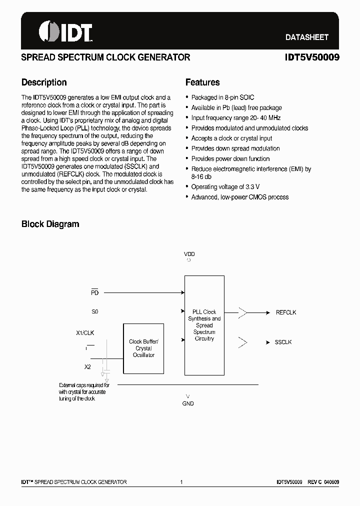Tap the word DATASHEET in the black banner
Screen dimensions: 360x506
306,37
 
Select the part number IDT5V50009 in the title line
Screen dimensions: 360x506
312,57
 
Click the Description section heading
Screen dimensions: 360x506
44,82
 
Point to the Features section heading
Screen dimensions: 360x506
202,82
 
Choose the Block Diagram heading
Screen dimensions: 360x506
50,224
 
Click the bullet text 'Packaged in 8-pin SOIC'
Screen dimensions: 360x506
222,97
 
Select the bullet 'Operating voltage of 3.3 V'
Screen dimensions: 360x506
225,187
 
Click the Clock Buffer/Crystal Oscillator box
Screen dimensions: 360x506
143,348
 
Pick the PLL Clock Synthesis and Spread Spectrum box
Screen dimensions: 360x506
204,325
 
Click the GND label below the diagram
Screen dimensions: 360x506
188,403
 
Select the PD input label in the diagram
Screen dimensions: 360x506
94,292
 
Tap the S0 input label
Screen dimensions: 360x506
94,311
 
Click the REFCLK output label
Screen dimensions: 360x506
286,312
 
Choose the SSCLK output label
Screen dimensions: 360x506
283,342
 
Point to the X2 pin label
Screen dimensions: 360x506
87,366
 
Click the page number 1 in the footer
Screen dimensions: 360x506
181,482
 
